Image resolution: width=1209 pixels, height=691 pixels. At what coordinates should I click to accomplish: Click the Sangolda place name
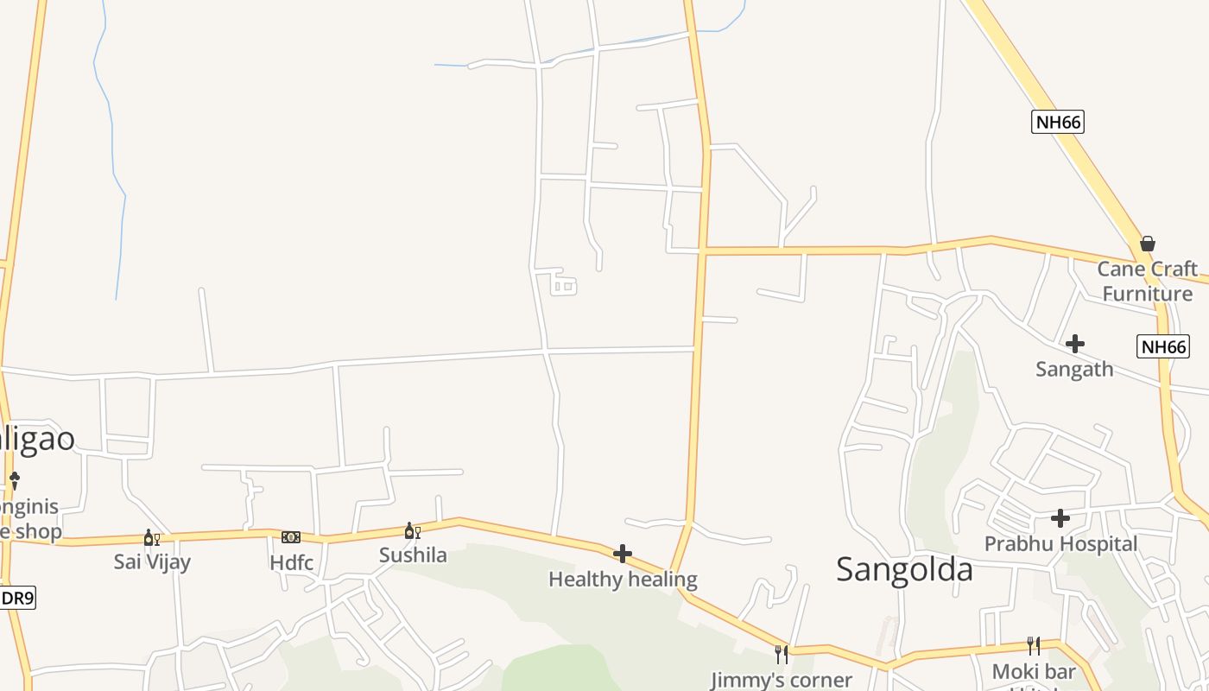[904, 569]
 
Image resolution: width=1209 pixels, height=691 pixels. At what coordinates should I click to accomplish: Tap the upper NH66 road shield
[1057, 122]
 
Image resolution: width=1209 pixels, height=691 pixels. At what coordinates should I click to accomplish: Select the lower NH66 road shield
[1163, 346]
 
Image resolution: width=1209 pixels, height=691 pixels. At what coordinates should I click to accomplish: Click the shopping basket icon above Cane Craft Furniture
[1147, 244]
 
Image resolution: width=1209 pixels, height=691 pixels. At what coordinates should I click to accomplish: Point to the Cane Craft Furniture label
[1147, 281]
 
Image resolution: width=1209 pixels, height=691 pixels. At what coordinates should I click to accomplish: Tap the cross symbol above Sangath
[1074, 344]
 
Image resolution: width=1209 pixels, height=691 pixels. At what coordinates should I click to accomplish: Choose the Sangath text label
[1074, 369]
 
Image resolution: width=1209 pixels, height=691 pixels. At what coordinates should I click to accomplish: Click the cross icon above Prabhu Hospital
[1060, 518]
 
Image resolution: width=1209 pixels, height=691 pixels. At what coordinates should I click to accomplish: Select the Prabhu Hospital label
[1060, 544]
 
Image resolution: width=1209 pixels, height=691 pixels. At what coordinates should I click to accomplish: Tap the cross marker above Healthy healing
[622, 554]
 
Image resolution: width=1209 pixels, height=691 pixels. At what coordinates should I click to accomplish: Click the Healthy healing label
[623, 580]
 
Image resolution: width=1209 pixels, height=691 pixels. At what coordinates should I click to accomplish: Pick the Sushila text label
[413, 555]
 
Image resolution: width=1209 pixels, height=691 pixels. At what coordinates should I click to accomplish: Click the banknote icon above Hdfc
[291, 537]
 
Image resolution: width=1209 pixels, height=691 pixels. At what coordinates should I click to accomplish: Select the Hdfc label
[291, 563]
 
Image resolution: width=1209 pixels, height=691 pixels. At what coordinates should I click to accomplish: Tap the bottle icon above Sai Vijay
[151, 538]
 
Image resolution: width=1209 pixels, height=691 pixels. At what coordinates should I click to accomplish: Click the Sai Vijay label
[152, 561]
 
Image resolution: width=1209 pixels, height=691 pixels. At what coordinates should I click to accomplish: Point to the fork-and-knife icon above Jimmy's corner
[781, 654]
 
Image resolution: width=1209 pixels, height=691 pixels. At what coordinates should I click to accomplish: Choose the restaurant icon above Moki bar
[1033, 645]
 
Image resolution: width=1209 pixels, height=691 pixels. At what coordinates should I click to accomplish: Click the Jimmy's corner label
[781, 680]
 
